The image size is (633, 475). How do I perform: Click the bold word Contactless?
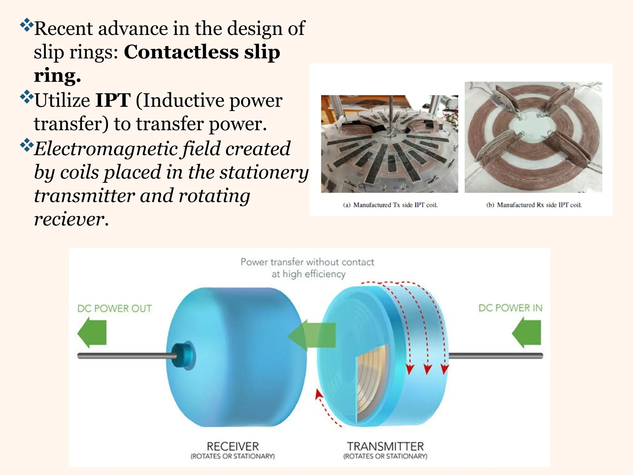[x=181, y=52]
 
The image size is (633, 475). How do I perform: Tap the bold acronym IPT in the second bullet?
[x=113, y=101]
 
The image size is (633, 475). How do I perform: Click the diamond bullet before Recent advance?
[x=27, y=25]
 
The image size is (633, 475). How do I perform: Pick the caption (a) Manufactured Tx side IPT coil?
[x=390, y=205]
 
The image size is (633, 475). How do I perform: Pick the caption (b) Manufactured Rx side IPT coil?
[x=534, y=205]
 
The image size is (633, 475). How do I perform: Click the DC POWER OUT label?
[x=114, y=309]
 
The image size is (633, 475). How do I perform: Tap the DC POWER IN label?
[x=510, y=308]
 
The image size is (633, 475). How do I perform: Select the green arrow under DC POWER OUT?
[x=92, y=332]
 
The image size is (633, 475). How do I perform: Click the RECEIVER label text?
[x=233, y=447]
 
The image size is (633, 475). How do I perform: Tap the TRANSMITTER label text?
[x=385, y=447]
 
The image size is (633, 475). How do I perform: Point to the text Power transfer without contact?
[x=307, y=262]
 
